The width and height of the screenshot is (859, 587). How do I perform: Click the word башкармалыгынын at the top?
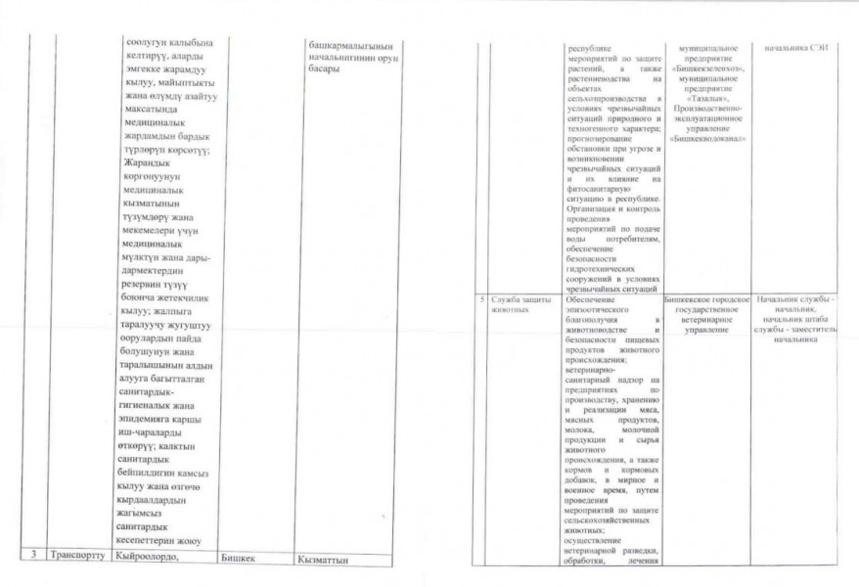pos(350,45)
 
